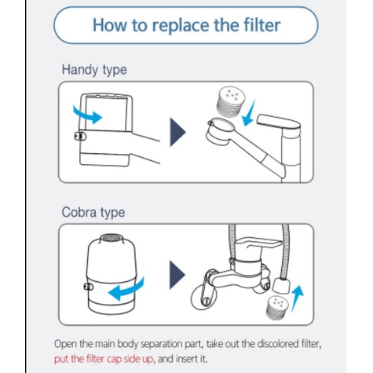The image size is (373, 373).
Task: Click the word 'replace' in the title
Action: point(181,25)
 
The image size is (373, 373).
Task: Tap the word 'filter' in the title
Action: point(262,25)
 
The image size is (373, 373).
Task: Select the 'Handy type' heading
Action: point(94,70)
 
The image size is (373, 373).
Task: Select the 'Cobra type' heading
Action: point(93,212)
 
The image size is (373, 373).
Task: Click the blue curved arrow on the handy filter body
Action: point(88,115)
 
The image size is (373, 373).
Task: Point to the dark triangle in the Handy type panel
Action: point(177,132)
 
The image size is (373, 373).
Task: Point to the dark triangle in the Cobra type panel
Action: point(177,275)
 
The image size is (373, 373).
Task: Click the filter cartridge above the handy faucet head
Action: point(230,101)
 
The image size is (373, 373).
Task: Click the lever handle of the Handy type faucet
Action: point(278,123)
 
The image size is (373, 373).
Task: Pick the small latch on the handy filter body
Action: point(80,136)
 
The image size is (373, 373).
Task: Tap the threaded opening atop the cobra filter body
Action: point(112,238)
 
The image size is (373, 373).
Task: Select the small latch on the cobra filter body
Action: point(88,287)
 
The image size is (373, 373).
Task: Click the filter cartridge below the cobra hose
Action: point(277,308)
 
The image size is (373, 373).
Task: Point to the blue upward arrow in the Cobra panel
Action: point(297,298)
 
